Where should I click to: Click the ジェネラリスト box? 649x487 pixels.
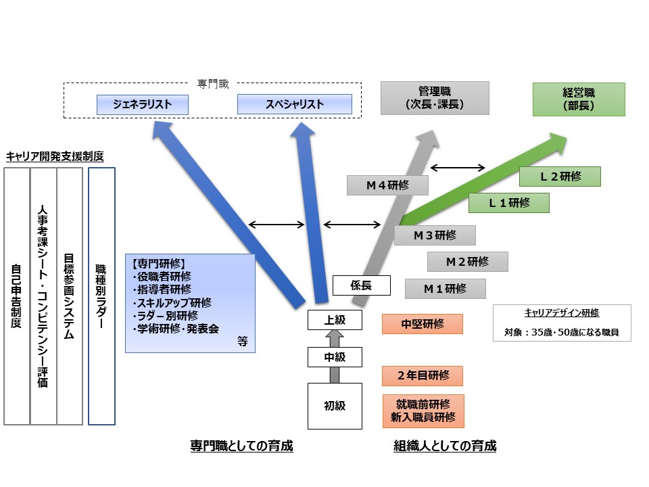pos(143,104)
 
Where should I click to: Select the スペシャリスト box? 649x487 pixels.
pos(295,104)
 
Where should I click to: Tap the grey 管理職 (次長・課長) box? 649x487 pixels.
pos(435,98)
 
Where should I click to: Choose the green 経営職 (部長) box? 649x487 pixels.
pos(579,99)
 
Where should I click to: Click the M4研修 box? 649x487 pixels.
pos(387,185)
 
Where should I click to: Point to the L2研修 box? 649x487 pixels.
pos(560,177)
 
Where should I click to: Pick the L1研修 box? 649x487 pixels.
pos(509,203)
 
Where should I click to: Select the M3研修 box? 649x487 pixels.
pos(435,235)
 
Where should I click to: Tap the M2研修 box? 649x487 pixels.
pos(467,261)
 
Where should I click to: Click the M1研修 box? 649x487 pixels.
pos(445,289)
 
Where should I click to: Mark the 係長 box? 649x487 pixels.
pos(362,285)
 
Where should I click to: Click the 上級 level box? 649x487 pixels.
pos(335,320)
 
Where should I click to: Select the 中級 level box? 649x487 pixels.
pos(335,356)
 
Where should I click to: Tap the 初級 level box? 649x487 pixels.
pos(335,406)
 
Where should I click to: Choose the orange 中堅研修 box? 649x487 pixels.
pos(423,324)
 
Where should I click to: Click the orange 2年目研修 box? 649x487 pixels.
pos(423,375)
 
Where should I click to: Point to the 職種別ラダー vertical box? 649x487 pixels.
pos(101,296)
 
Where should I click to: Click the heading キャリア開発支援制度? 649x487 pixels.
pos(55,156)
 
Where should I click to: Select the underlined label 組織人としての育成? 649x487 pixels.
pos(445,446)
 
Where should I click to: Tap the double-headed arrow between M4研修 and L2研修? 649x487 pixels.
pos(458,168)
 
